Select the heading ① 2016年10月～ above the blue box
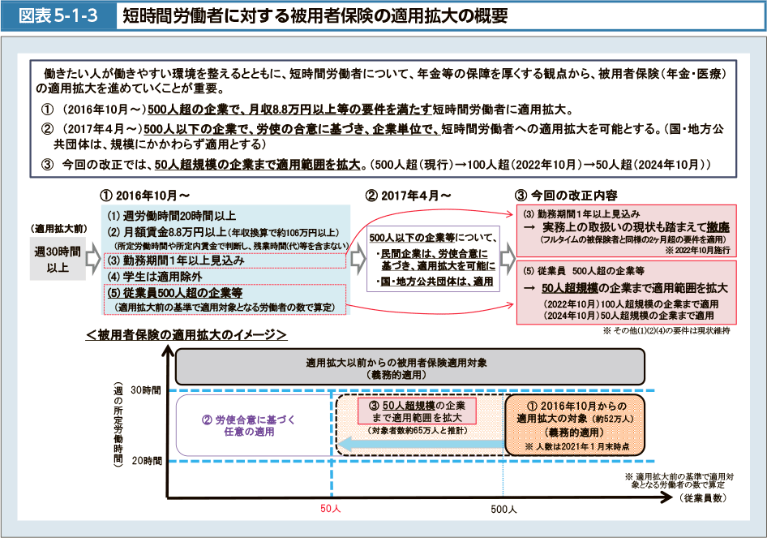[x=145, y=196]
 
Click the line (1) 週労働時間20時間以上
[x=172, y=216]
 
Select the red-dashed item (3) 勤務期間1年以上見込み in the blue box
[x=177, y=260]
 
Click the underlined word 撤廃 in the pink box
[x=718, y=226]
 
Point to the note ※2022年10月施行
[x=698, y=251]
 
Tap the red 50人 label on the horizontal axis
[x=332, y=509]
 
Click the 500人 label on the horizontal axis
[x=503, y=509]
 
